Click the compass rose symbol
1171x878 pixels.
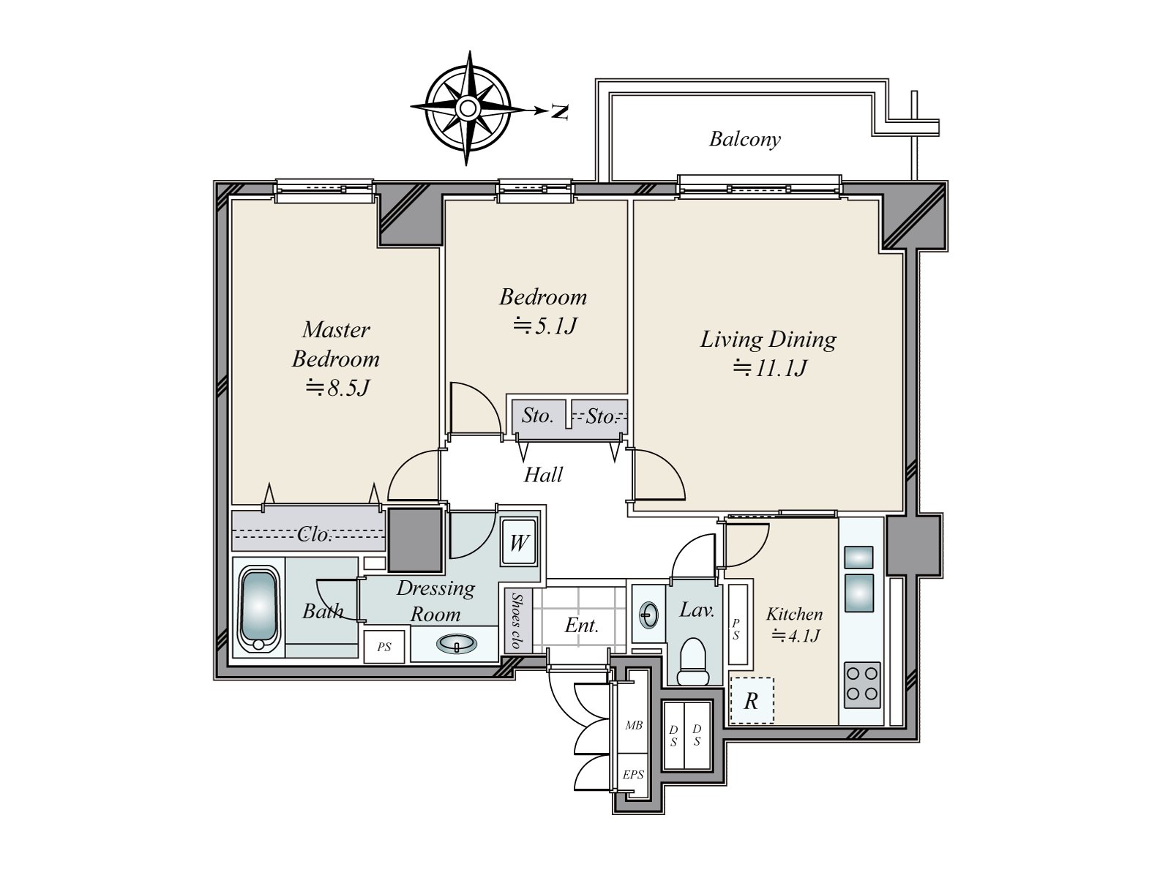pyautogui.click(x=468, y=108)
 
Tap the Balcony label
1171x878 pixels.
pyautogui.click(x=745, y=139)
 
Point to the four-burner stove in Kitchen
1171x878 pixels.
pyautogui.click(x=862, y=685)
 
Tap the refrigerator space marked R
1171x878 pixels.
pyautogui.click(x=751, y=700)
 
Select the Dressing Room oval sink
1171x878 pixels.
pyautogui.click(x=457, y=643)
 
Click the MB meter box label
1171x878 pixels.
pyautogui.click(x=634, y=725)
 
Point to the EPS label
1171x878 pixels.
pyautogui.click(x=633, y=775)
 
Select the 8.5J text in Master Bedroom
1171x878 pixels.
pyautogui.click(x=337, y=388)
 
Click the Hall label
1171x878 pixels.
pyautogui.click(x=543, y=474)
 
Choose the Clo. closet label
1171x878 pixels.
pyautogui.click(x=314, y=534)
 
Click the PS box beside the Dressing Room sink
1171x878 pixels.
pyautogui.click(x=384, y=648)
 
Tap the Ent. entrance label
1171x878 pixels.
pyautogui.click(x=582, y=625)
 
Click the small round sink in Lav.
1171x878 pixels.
pyautogui.click(x=648, y=615)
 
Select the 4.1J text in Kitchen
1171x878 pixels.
pyautogui.click(x=796, y=635)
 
